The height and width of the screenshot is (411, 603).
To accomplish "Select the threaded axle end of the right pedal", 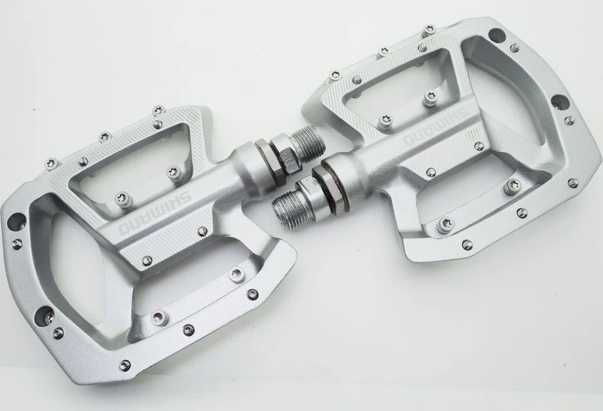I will [x=288, y=202].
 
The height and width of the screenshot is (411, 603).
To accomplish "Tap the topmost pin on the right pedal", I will [x=430, y=28].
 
